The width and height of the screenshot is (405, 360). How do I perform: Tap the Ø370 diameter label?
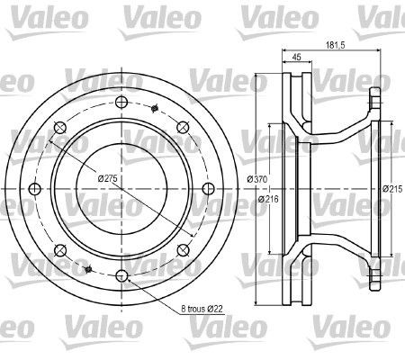[257, 180]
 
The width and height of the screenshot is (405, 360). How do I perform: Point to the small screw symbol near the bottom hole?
[88, 269]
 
